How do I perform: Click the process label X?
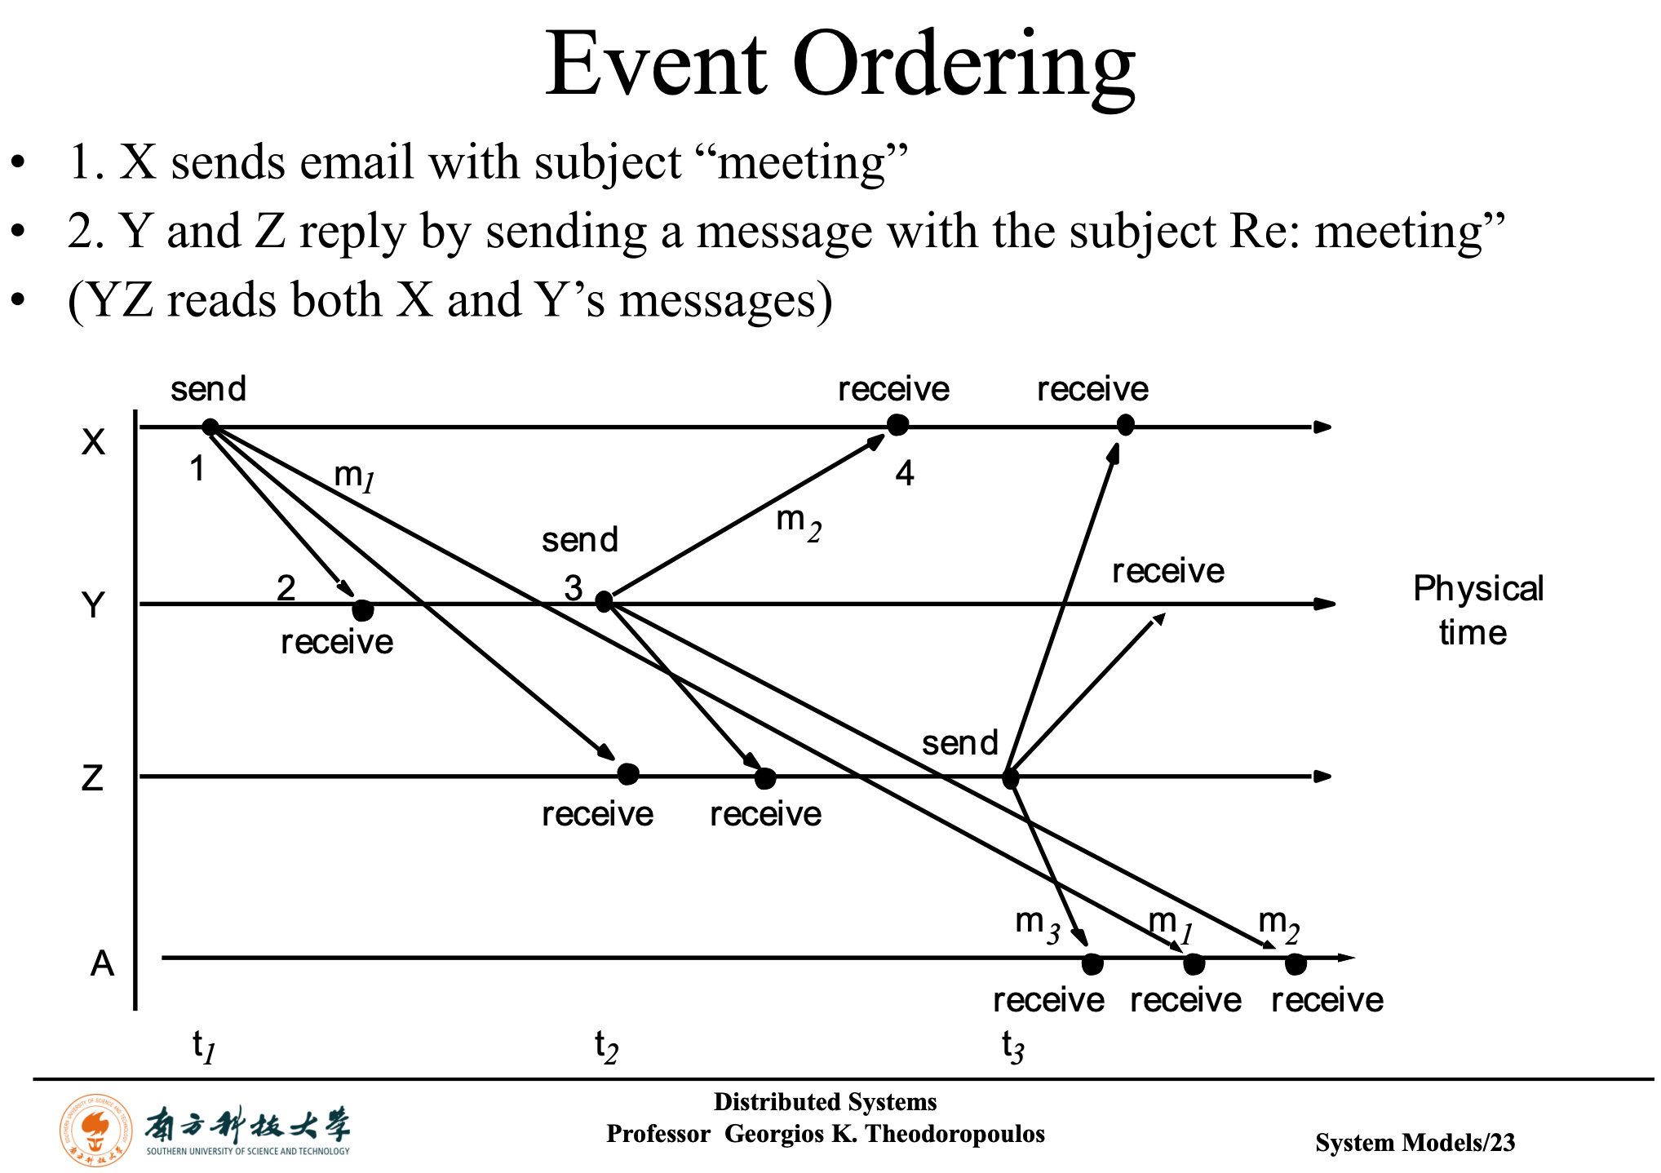pyautogui.click(x=94, y=442)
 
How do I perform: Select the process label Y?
pyautogui.click(x=94, y=605)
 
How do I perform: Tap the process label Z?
pyautogui.click(x=92, y=777)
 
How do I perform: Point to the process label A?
pyautogui.click(x=102, y=964)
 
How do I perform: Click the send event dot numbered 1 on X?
pyautogui.click(x=210, y=427)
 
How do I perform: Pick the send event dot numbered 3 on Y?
pyautogui.click(x=604, y=602)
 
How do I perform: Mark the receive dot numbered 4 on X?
pyautogui.click(x=897, y=425)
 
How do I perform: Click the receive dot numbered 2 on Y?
pyautogui.click(x=362, y=609)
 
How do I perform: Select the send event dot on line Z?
pyautogui.click(x=1010, y=778)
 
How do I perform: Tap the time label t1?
pyautogui.click(x=203, y=1047)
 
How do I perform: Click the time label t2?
pyautogui.click(x=606, y=1047)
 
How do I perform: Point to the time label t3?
pyautogui.click(x=1012, y=1047)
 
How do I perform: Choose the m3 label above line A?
pyautogui.click(x=1037, y=924)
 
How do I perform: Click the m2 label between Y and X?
pyautogui.click(x=798, y=522)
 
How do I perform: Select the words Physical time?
pyautogui.click(x=1477, y=610)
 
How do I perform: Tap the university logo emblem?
pyautogui.click(x=96, y=1130)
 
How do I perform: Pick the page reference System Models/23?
pyautogui.click(x=1415, y=1143)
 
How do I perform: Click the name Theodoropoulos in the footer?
pyautogui.click(x=955, y=1134)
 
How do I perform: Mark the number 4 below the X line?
pyautogui.click(x=905, y=473)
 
